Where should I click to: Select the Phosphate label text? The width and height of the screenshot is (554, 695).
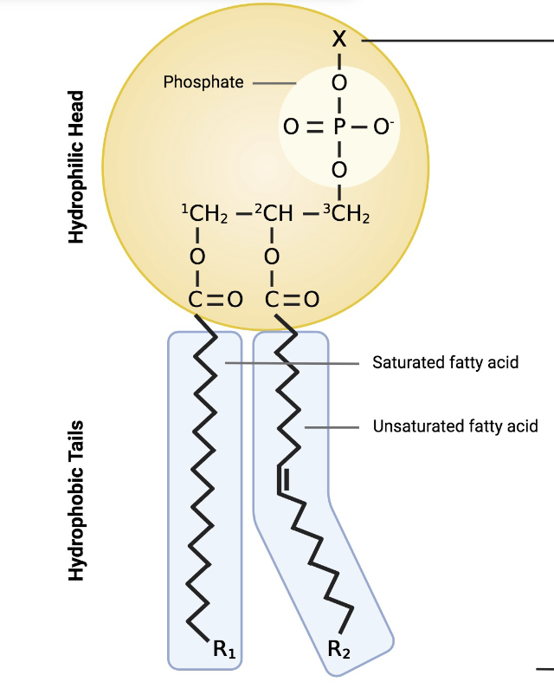[203, 83]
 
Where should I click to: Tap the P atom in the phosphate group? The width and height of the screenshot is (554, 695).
[339, 127]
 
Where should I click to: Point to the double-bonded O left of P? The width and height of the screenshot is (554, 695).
[292, 127]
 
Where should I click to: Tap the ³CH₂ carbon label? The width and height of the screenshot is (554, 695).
[345, 212]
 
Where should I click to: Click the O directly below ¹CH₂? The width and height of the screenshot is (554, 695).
[197, 257]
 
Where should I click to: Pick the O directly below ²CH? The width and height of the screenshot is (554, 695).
[272, 257]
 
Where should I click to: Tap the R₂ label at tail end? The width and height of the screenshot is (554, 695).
[339, 650]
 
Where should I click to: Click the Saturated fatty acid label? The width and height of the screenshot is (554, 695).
[445, 362]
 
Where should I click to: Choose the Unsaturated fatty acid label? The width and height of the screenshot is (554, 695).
[455, 425]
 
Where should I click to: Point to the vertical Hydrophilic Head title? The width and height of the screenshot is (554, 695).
[78, 166]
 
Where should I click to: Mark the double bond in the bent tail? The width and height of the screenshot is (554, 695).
[281, 479]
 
